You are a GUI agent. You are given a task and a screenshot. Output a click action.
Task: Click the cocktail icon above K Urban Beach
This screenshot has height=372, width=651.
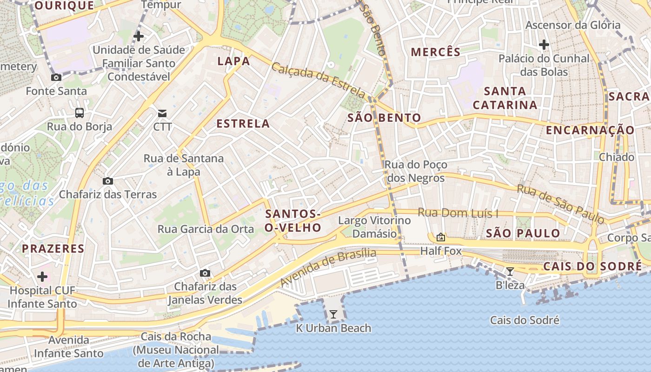(333, 314)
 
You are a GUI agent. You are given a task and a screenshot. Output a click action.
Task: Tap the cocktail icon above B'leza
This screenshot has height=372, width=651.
(510, 272)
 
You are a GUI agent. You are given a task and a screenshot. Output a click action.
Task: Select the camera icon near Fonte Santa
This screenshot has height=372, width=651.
(56, 77)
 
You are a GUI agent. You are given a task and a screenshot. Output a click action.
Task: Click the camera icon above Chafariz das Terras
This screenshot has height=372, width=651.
(108, 181)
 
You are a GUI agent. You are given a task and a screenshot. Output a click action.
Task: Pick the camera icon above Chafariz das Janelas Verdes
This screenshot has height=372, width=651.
(205, 273)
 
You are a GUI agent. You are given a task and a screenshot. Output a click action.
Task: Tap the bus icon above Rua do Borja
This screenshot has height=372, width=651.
(80, 113)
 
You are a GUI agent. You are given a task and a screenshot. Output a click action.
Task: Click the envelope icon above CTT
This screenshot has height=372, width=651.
(162, 113)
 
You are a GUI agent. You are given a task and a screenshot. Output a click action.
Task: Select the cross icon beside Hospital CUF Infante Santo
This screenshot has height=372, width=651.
(42, 277)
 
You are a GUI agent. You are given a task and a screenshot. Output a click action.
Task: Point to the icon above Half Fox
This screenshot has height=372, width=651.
(440, 238)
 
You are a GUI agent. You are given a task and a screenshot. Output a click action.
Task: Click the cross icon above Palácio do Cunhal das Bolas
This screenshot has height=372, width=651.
(544, 45)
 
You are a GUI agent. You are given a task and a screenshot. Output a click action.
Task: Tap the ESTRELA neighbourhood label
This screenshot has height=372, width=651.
(243, 123)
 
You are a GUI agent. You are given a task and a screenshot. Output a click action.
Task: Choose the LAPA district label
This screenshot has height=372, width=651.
(233, 61)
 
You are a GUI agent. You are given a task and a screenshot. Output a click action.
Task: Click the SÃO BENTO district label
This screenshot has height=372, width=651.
(384, 118)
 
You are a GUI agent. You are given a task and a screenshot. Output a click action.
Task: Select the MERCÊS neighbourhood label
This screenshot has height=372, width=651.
(436, 52)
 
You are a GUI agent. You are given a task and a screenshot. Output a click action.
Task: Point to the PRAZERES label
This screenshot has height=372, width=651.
(53, 248)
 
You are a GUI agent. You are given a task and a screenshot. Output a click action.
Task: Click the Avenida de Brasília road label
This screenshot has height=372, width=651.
(328, 267)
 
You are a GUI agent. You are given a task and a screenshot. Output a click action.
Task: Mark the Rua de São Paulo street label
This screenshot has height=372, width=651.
(561, 204)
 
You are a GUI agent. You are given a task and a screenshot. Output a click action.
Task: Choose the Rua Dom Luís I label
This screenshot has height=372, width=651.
(458, 213)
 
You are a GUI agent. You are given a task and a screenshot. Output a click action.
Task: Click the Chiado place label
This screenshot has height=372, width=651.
(617, 157)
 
